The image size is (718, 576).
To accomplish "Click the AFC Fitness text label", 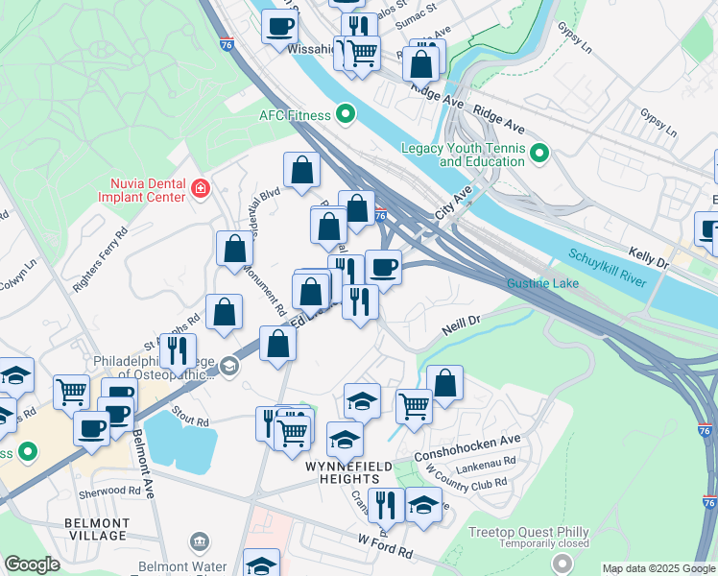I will (x=294, y=115).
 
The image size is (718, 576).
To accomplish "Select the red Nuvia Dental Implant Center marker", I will (x=200, y=188).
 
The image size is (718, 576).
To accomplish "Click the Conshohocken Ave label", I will (x=467, y=446).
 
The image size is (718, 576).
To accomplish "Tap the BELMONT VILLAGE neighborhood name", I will (x=96, y=528).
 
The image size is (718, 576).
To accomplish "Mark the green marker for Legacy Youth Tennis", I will (x=539, y=154).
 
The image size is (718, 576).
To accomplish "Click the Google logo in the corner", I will (x=32, y=564).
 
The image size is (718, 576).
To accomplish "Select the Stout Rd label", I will (x=191, y=420).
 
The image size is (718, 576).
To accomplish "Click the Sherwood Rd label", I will (x=111, y=490).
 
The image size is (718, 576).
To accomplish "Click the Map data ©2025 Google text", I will (x=658, y=568).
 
